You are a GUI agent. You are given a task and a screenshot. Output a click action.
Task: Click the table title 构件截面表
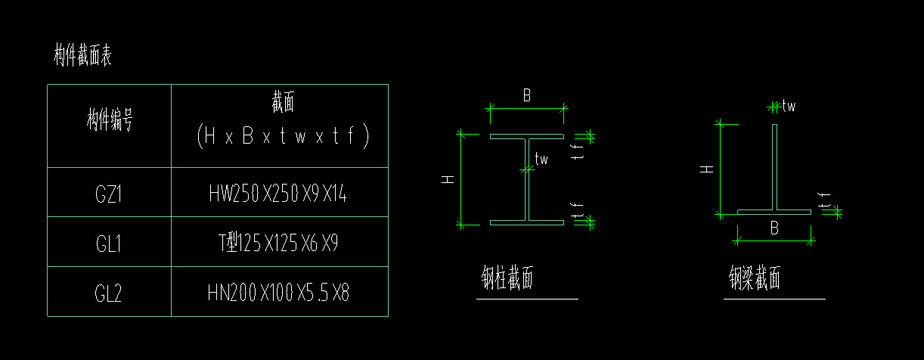pyautogui.click(x=83, y=55)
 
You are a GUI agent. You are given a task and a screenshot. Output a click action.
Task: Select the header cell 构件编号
pyautogui.click(x=110, y=120)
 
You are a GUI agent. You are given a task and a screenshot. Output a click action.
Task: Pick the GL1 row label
pyautogui.click(x=109, y=244)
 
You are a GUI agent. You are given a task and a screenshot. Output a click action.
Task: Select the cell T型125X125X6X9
pyautogui.click(x=278, y=244)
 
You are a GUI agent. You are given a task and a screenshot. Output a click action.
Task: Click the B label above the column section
pyautogui.click(x=526, y=96)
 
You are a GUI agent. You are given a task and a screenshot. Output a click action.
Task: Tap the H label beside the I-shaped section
pyautogui.click(x=448, y=180)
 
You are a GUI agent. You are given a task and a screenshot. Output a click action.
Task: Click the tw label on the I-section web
pyautogui.click(x=541, y=159)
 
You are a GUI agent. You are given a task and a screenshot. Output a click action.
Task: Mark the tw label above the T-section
pyautogui.click(x=789, y=106)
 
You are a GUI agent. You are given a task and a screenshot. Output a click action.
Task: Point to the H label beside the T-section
pyautogui.click(x=707, y=169)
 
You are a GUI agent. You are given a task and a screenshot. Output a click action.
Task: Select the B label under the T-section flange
pyautogui.click(x=774, y=228)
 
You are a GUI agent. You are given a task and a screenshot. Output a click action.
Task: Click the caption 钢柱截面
pyautogui.click(x=507, y=279)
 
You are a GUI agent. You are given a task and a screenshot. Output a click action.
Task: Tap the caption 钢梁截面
pyautogui.click(x=755, y=279)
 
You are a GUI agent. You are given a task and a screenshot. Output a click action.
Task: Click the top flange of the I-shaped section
pyautogui.click(x=527, y=137)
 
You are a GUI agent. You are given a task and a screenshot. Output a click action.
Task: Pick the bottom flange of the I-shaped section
pyautogui.click(x=527, y=222)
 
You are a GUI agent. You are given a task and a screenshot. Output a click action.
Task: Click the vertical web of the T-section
pyautogui.click(x=774, y=166)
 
